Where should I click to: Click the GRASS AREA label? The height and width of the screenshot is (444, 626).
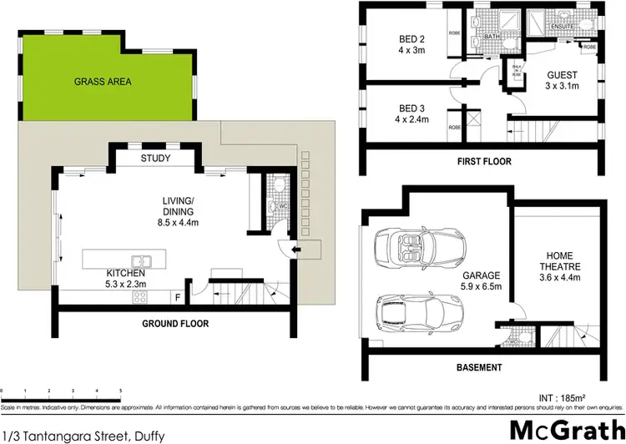(103, 82)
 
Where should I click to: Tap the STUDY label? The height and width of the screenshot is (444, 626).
(155, 158)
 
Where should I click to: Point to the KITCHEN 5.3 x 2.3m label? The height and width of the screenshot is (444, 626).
(125, 278)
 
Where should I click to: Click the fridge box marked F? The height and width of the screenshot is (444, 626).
(177, 296)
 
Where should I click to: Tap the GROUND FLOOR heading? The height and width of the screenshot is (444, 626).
(174, 323)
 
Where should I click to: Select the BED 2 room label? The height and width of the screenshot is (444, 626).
(412, 43)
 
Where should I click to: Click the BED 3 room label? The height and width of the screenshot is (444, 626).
(412, 114)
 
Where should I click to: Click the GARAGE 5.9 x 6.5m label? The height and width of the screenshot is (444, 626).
(482, 280)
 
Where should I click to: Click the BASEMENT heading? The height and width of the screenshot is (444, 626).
(478, 367)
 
